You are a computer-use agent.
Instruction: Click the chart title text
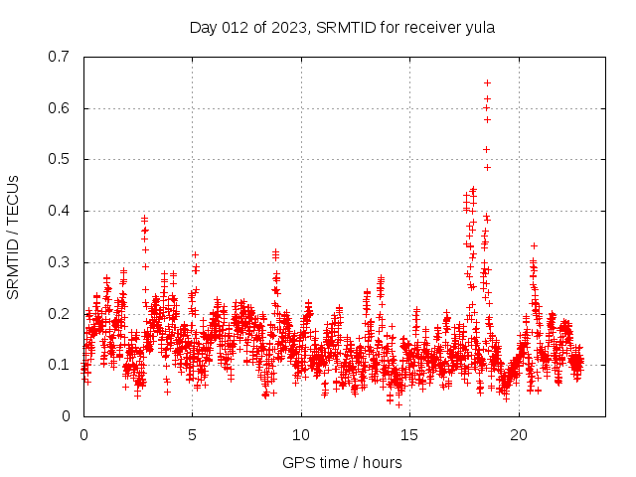[342, 28]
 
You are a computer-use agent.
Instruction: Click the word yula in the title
[479, 28]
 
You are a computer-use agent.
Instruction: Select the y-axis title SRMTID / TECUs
[13, 237]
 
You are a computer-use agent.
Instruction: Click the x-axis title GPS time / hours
[342, 462]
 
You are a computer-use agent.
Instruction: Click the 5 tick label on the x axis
[193, 434]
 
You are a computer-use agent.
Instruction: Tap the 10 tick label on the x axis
[301, 434]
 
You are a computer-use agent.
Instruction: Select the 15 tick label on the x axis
[409, 434]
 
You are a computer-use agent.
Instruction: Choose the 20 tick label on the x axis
[518, 434]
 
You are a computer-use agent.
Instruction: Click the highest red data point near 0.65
[487, 82]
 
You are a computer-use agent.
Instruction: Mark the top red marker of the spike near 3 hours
[144, 219]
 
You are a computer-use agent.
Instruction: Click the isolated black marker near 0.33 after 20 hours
[534, 245]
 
